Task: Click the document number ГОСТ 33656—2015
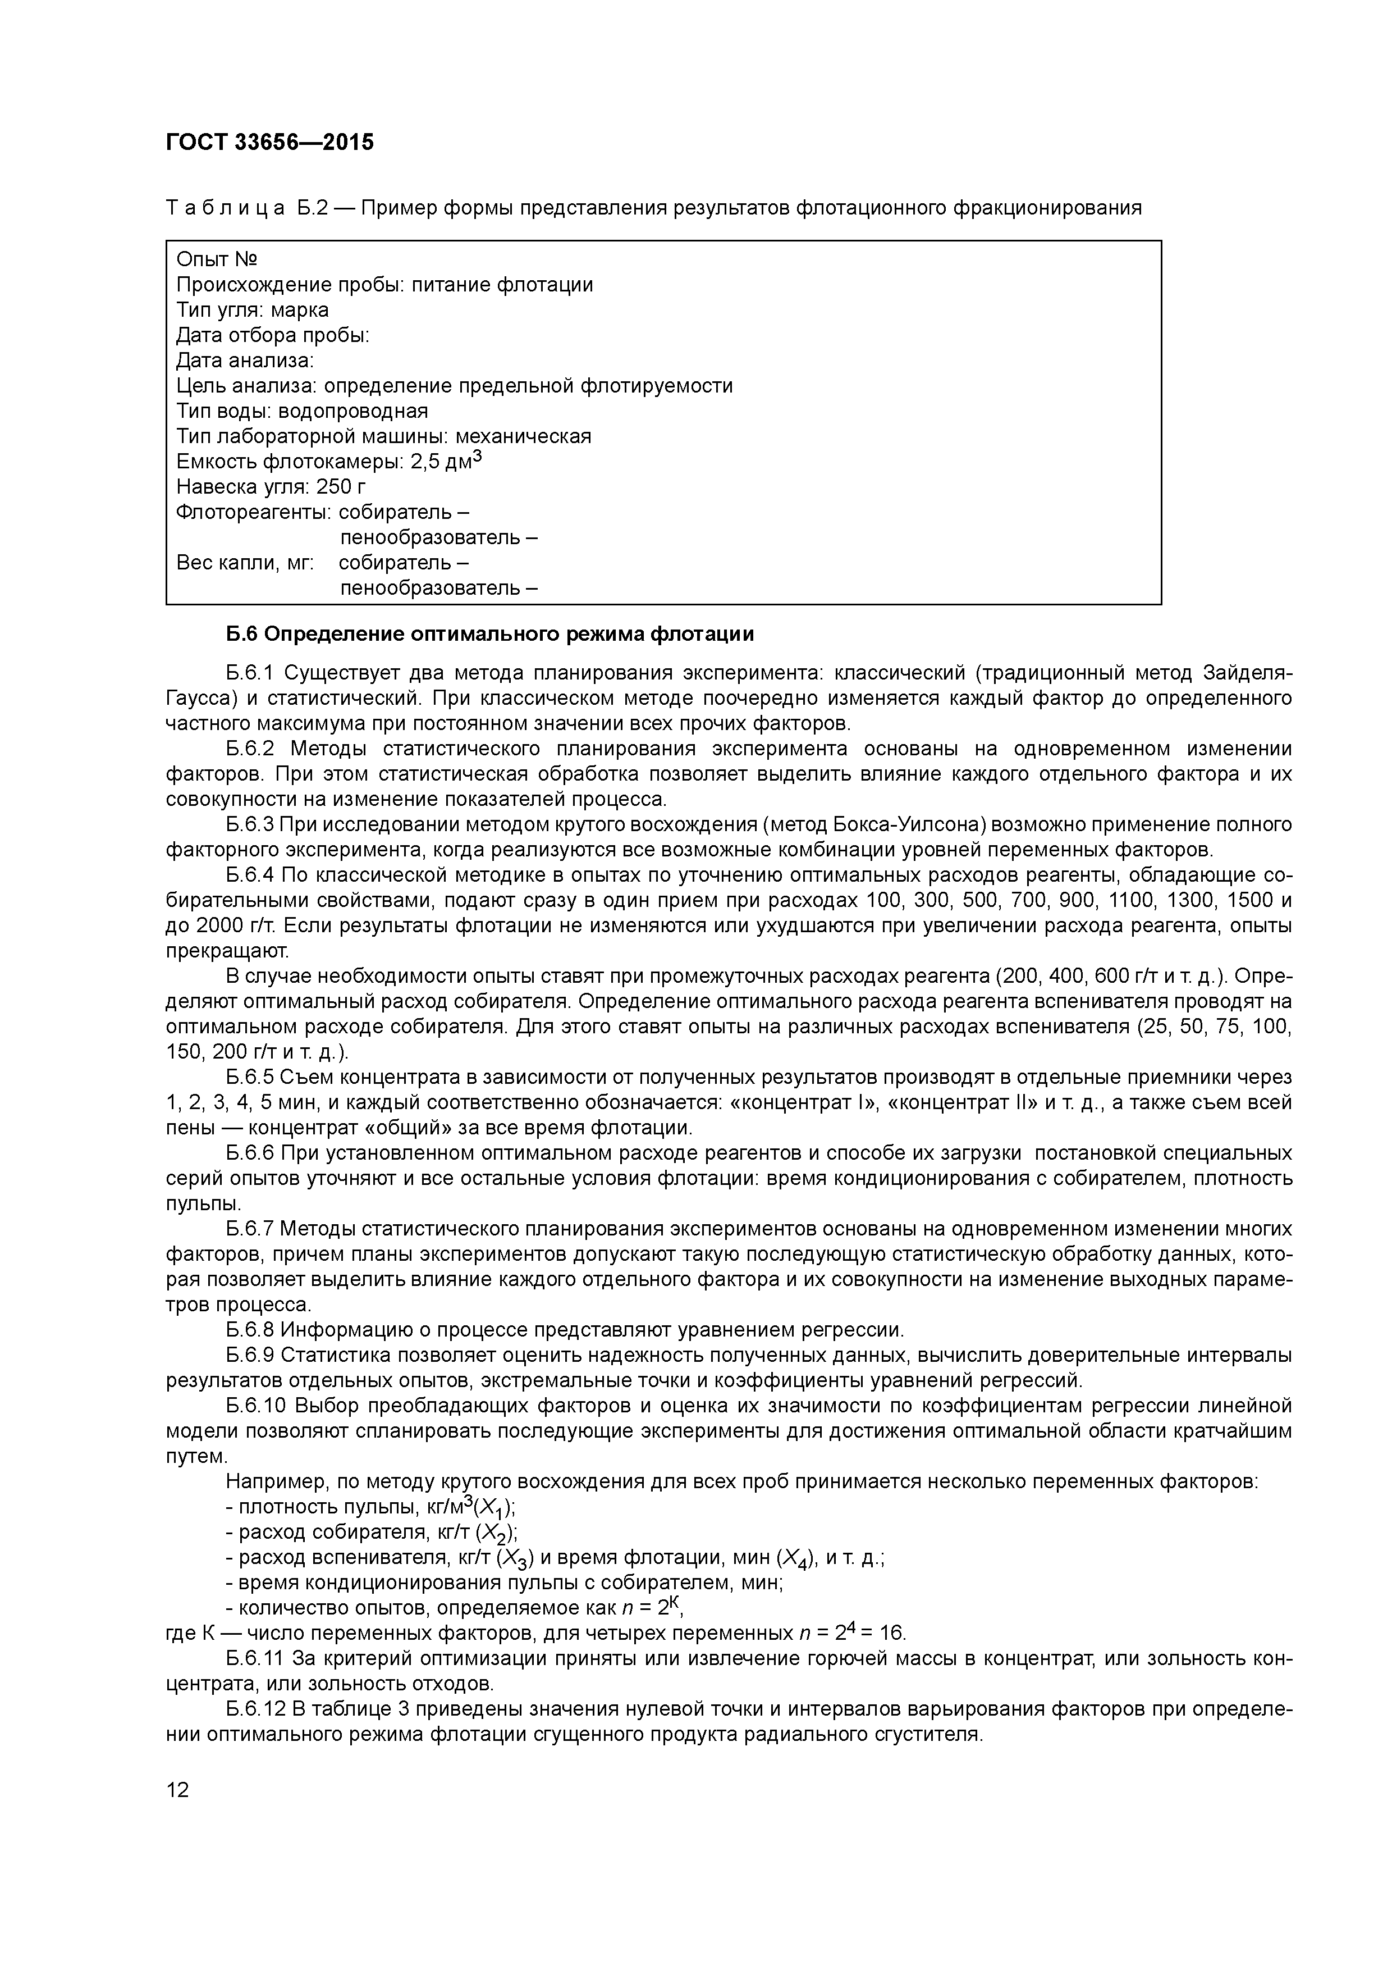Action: click(269, 143)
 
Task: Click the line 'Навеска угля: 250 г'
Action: click(271, 487)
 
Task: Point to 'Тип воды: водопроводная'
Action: click(302, 411)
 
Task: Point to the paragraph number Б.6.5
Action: click(250, 1077)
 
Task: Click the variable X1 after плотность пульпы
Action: click(495, 1507)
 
